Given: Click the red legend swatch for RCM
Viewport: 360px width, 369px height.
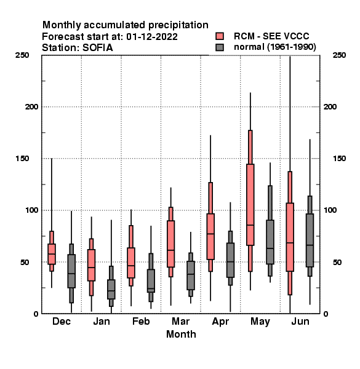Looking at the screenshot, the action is (220, 36).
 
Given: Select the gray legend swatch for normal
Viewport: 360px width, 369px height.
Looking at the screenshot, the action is (220, 47).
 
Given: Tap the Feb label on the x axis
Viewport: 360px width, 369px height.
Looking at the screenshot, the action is (141, 321).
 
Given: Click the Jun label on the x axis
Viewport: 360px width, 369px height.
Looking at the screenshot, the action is (300, 321).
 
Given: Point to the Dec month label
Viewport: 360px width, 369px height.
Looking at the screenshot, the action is (61, 321).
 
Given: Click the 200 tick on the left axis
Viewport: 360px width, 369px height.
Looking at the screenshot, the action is (31, 106).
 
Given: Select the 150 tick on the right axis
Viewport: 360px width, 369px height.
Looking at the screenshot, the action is (339, 159).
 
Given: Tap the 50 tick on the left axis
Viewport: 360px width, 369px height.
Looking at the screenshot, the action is (25, 262).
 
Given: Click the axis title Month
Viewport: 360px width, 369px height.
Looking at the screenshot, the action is (181, 334).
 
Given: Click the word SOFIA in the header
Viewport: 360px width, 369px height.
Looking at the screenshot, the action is (97, 48).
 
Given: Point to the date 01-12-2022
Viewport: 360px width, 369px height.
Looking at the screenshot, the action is (152, 37).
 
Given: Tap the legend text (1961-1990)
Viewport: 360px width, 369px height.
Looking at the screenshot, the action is (291, 47).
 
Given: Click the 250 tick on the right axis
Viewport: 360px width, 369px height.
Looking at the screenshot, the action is (339, 55).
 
